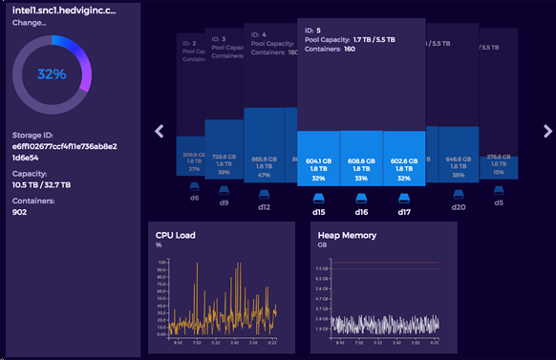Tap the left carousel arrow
[x=160, y=131]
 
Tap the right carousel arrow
[x=547, y=131]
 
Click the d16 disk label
[x=360, y=213]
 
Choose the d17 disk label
[x=403, y=213]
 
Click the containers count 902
[x=20, y=213]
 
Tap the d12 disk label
[x=263, y=207]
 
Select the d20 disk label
[x=459, y=207]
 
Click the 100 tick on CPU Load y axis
[x=162, y=260]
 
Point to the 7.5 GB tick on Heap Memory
[x=324, y=269]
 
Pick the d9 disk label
[x=224, y=202]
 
